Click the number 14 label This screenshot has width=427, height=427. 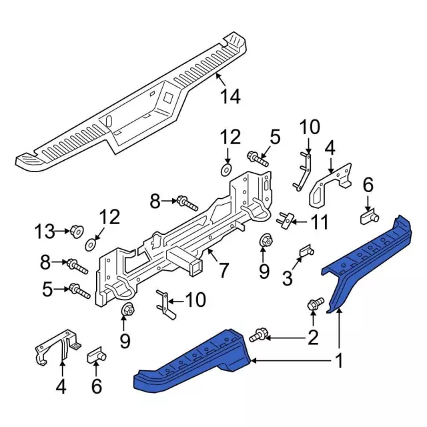[230, 96]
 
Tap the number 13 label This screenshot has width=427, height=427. [45, 232]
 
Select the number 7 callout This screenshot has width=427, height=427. [223, 270]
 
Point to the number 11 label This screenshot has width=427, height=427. [319, 222]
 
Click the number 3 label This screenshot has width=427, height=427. [288, 278]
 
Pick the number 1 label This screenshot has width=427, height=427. [339, 361]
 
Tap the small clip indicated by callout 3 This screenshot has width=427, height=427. [307, 251]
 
